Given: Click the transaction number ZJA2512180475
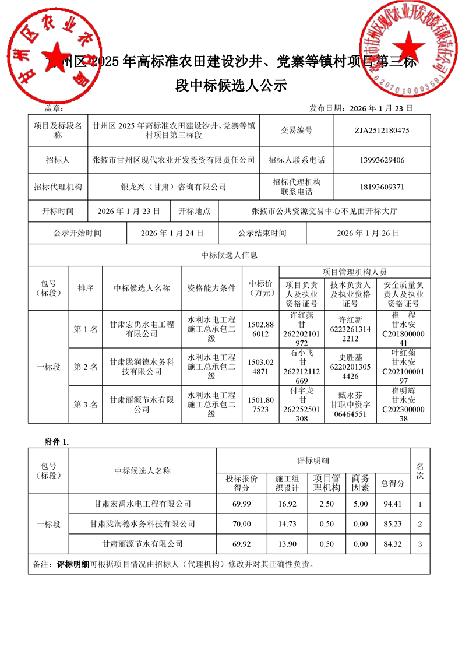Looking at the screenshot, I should point(382,131).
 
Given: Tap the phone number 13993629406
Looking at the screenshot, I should point(382,160).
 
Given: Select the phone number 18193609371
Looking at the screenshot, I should point(382,187).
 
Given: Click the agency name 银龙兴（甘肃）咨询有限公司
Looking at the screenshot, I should point(174,187).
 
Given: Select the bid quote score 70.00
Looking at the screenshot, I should point(241,524).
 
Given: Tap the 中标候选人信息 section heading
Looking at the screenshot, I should point(230,255).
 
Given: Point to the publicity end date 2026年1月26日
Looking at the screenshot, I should point(368,233).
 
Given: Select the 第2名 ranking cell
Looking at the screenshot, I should point(86,367).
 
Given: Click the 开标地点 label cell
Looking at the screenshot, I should point(194,210).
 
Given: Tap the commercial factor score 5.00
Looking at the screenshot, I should point(361,503).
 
